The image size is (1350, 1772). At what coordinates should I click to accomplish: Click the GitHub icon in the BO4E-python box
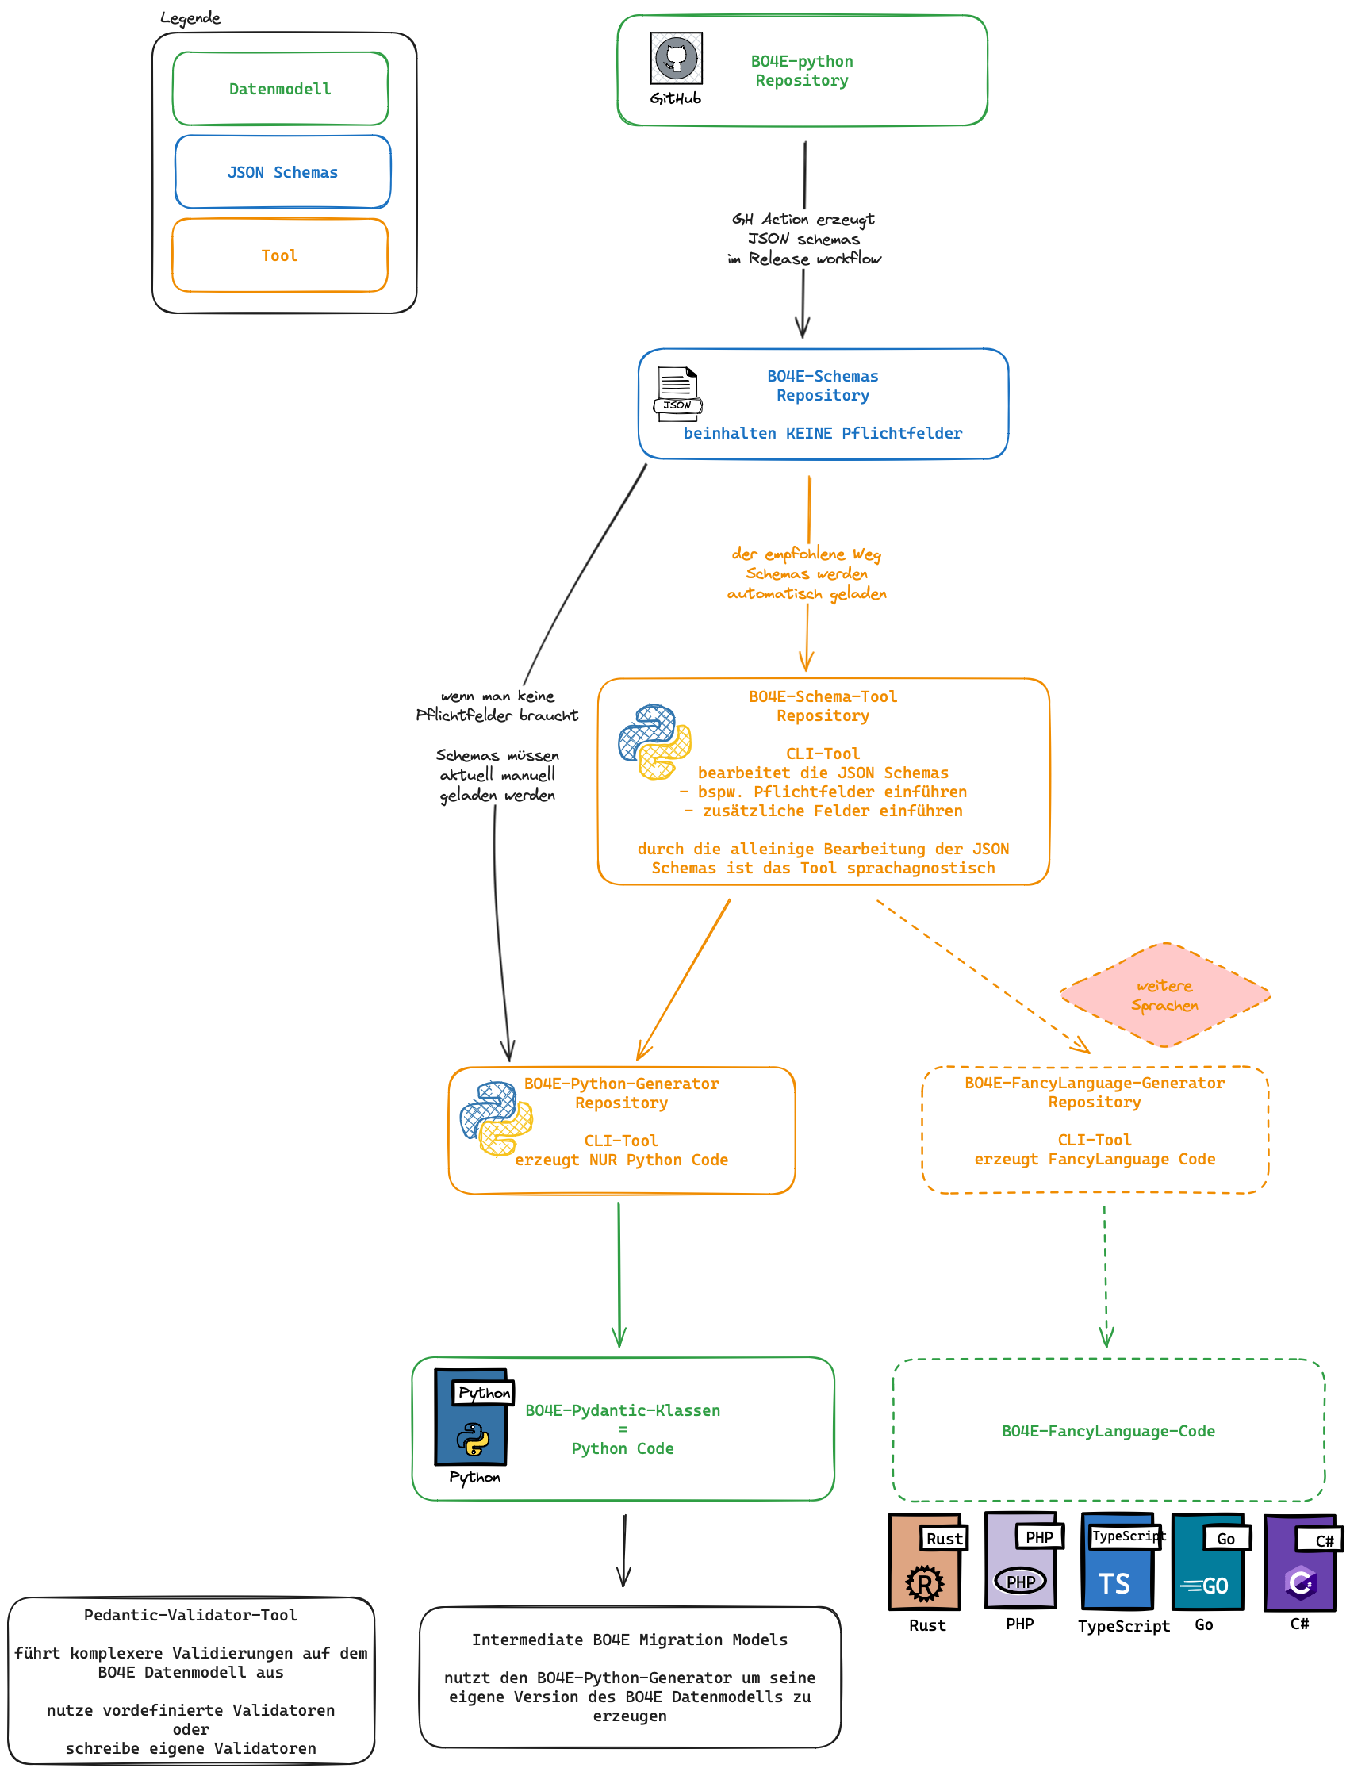pyautogui.click(x=676, y=58)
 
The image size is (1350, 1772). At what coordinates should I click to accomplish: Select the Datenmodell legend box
pyautogui.click(x=281, y=88)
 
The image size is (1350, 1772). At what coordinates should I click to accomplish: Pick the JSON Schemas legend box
pyautogui.click(x=283, y=172)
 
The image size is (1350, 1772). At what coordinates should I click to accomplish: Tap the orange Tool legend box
pyautogui.click(x=280, y=255)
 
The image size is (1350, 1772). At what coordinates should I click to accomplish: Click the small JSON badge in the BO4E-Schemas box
pyautogui.click(x=677, y=405)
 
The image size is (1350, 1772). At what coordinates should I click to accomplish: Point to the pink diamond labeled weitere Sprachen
pyautogui.click(x=1164, y=995)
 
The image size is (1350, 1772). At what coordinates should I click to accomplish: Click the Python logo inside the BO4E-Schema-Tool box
pyautogui.click(x=655, y=741)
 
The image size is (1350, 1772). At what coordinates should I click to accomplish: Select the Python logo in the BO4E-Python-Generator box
pyautogui.click(x=496, y=1118)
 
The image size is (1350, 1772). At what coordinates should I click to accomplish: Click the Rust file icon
pyautogui.click(x=926, y=1563)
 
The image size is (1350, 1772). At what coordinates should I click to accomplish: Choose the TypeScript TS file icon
pyautogui.click(x=1118, y=1562)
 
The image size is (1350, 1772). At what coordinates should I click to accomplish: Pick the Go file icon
pyautogui.click(x=1208, y=1563)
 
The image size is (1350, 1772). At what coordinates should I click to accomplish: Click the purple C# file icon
pyautogui.click(x=1301, y=1563)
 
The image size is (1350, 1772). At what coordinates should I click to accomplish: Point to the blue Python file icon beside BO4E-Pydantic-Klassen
pyautogui.click(x=472, y=1417)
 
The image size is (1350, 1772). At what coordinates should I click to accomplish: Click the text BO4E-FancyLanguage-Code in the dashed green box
pyautogui.click(x=1108, y=1431)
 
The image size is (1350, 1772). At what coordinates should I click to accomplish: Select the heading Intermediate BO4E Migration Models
pyautogui.click(x=629, y=1640)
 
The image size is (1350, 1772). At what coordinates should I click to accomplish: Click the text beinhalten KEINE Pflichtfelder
pyautogui.click(x=822, y=433)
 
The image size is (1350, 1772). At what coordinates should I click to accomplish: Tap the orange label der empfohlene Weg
pyautogui.click(x=806, y=554)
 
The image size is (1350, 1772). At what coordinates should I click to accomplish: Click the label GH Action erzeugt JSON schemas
pyautogui.click(x=803, y=229)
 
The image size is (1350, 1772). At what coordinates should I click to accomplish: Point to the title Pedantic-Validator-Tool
pyautogui.click(x=190, y=1615)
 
